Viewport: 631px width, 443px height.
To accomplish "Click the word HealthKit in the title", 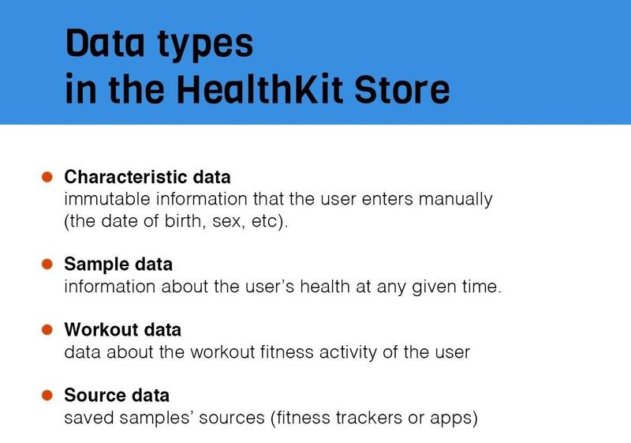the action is pos(259,89).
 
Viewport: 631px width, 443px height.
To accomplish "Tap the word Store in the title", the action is pos(401,89).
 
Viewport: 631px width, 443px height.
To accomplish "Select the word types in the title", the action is pos(205,44).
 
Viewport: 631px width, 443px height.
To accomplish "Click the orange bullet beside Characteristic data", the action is pos(47,177).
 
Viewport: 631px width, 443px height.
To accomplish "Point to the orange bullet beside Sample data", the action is pos(47,264).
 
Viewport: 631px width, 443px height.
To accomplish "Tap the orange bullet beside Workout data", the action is pos(47,329).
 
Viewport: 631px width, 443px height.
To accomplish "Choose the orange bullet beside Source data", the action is pos(47,395).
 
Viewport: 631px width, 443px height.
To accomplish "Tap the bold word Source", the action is pos(92,395).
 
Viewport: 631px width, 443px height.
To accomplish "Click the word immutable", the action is pos(107,199).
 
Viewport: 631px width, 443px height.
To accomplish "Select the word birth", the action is pos(183,221).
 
